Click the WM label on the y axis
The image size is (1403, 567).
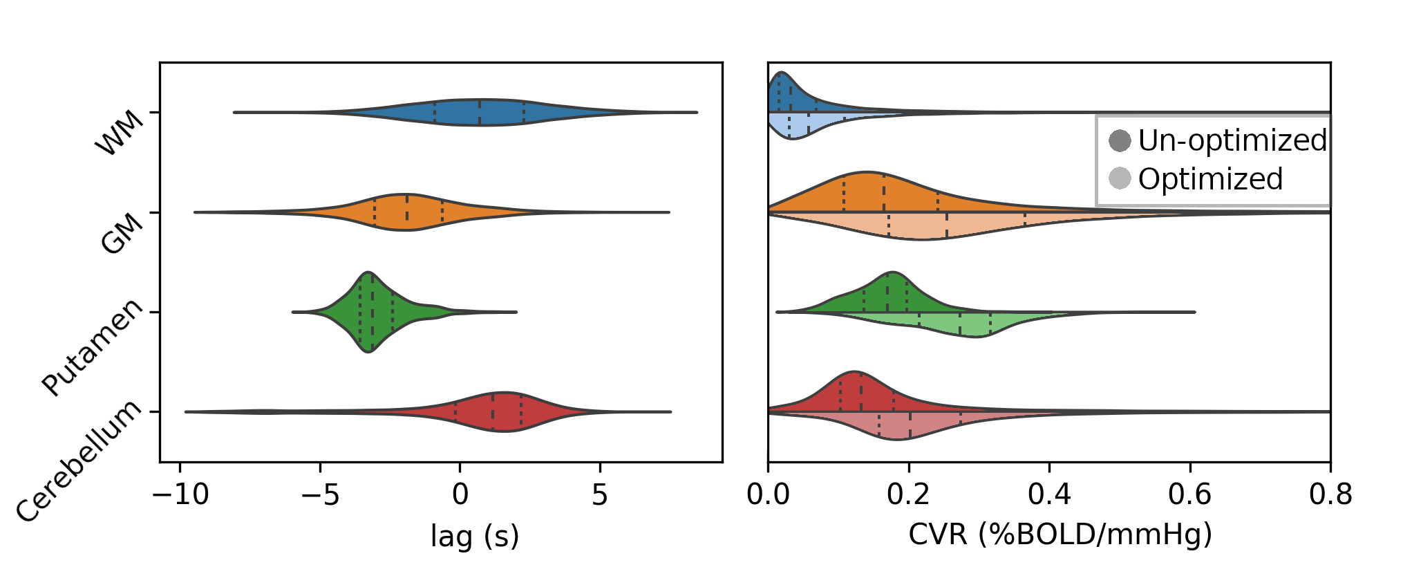[119, 133]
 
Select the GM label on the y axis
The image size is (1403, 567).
[122, 232]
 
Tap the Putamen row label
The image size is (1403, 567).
[92, 348]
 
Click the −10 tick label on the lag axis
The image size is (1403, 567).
[180, 495]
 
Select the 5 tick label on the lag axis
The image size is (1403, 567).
[600, 495]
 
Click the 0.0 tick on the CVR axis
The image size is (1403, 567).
[768, 495]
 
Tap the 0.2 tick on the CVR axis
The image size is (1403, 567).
[909, 495]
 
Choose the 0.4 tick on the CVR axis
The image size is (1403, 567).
[1049, 495]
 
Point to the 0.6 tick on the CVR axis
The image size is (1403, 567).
[1189, 495]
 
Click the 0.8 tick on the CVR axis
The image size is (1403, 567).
[1330, 495]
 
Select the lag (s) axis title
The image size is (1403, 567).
[475, 536]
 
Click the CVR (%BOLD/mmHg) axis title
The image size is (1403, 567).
[1060, 535]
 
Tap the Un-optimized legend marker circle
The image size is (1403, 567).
[1120, 141]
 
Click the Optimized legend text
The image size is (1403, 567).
[1210, 179]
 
